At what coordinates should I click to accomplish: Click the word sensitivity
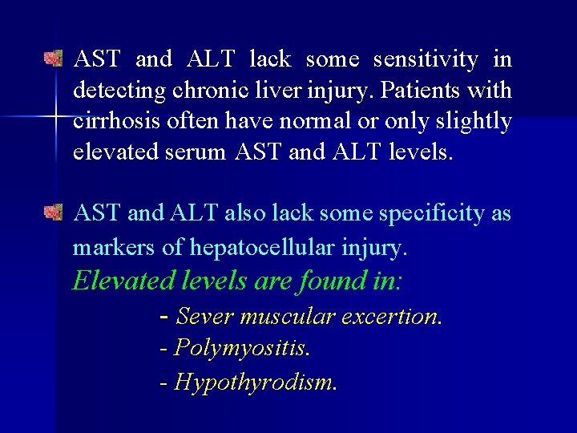pyautogui.click(x=426, y=59)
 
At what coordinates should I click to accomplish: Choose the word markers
pyautogui.click(x=114, y=248)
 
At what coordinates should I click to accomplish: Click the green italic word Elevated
pyautogui.click(x=123, y=281)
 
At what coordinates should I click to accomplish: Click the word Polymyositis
pyautogui.click(x=241, y=348)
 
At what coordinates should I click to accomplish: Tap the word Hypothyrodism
pyautogui.click(x=255, y=382)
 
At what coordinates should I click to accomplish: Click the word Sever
pyautogui.click(x=204, y=317)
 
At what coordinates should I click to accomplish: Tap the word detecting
pyautogui.click(x=119, y=91)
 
